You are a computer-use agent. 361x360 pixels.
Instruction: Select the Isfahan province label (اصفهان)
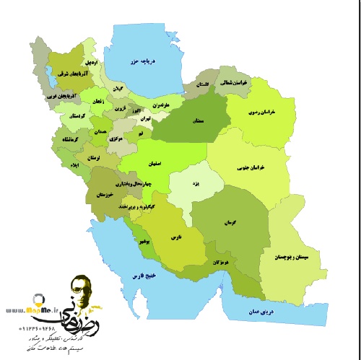click(x=161, y=164)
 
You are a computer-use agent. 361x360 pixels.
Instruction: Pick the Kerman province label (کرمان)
click(x=232, y=223)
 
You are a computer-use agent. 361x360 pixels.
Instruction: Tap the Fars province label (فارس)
click(x=175, y=236)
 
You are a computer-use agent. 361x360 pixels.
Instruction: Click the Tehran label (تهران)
click(x=144, y=118)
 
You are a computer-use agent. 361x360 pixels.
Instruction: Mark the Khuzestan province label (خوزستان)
click(x=105, y=195)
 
